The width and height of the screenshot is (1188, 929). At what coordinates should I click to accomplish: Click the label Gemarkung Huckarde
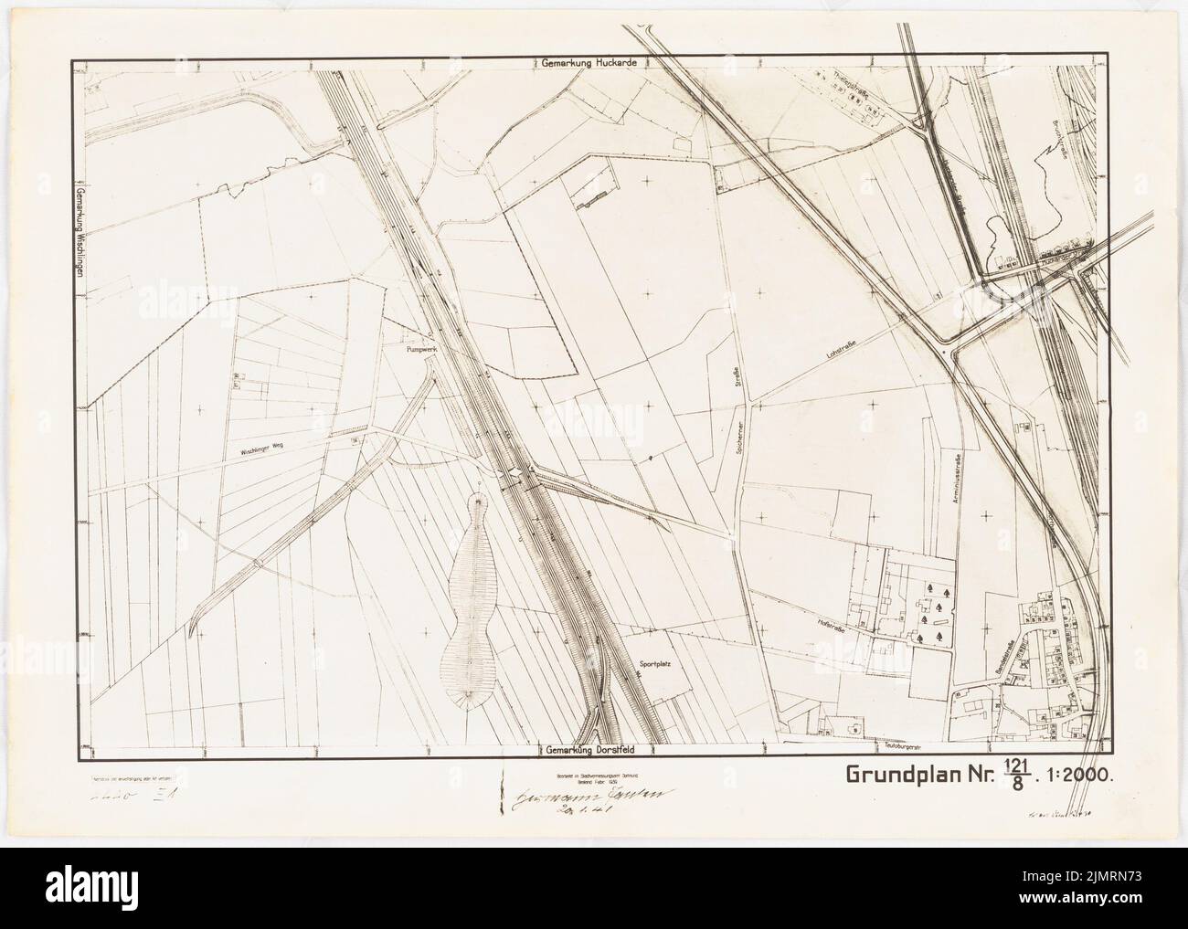point(588,63)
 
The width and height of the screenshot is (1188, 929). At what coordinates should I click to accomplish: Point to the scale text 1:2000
point(1077,776)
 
